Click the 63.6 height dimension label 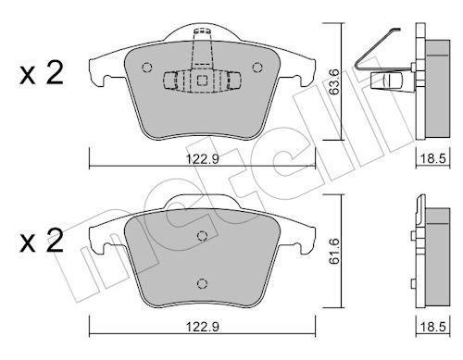click(334, 81)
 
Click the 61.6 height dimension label click(334, 251)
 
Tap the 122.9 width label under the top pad click(203, 159)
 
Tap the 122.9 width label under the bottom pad click(203, 327)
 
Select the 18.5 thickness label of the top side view click(433, 159)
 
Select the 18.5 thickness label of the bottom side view click(433, 327)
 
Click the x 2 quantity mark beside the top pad click(42, 73)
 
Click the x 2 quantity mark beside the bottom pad click(42, 241)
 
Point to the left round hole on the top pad click(147, 68)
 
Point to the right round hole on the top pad click(257, 68)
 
